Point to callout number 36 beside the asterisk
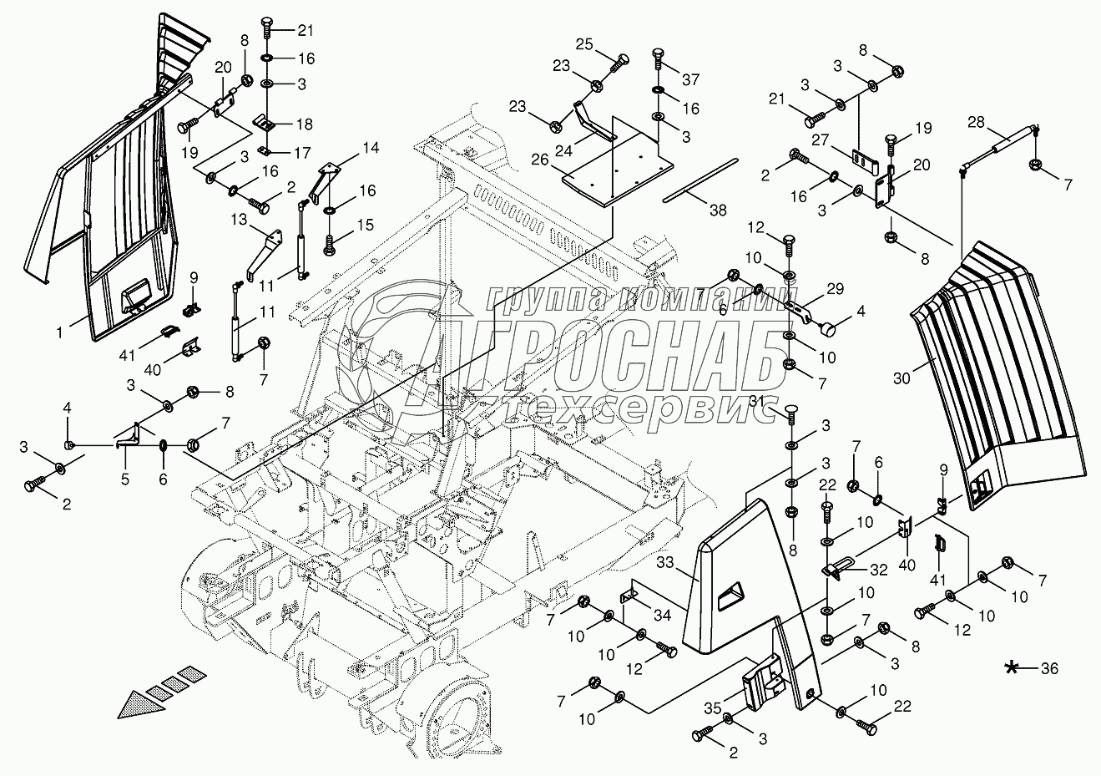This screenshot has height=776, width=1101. point(1049,668)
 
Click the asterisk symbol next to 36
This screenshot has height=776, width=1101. point(1013,667)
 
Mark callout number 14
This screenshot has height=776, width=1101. point(370,149)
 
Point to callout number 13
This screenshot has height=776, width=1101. point(240,219)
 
